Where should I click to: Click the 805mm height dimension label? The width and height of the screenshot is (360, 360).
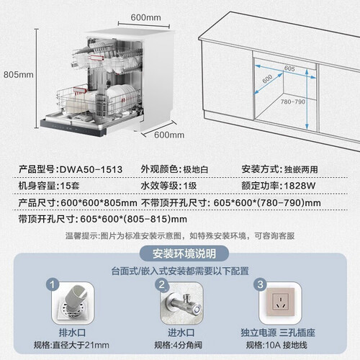click(x=19, y=75)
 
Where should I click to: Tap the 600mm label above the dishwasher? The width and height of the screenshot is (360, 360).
click(x=145, y=17)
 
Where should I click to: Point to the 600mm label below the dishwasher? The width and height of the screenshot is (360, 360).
click(x=169, y=135)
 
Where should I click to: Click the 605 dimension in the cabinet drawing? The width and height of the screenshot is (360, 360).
click(x=289, y=68)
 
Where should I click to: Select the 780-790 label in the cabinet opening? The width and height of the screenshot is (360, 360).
click(x=293, y=102)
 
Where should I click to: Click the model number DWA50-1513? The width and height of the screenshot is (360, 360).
click(x=91, y=170)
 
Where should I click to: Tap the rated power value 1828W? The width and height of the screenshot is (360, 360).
click(x=300, y=186)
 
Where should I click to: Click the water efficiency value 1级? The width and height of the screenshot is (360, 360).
click(x=190, y=186)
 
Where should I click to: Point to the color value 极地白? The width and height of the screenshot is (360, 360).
click(x=196, y=170)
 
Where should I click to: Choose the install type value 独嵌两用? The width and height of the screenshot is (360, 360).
click(x=301, y=170)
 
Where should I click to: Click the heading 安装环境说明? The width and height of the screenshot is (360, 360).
click(x=184, y=253)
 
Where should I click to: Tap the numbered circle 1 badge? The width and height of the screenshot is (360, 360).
click(x=53, y=284)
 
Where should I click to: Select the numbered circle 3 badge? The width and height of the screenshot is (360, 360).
click(x=261, y=284)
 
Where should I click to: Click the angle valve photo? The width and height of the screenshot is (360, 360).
click(x=182, y=303)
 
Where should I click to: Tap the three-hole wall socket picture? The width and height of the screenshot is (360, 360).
click(x=280, y=303)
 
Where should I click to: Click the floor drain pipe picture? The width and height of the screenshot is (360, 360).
click(x=73, y=303)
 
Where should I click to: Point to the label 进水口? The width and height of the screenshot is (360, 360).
click(x=181, y=333)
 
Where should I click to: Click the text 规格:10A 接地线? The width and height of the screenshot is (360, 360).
click(x=276, y=346)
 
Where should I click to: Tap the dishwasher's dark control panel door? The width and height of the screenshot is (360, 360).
click(x=73, y=128)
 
